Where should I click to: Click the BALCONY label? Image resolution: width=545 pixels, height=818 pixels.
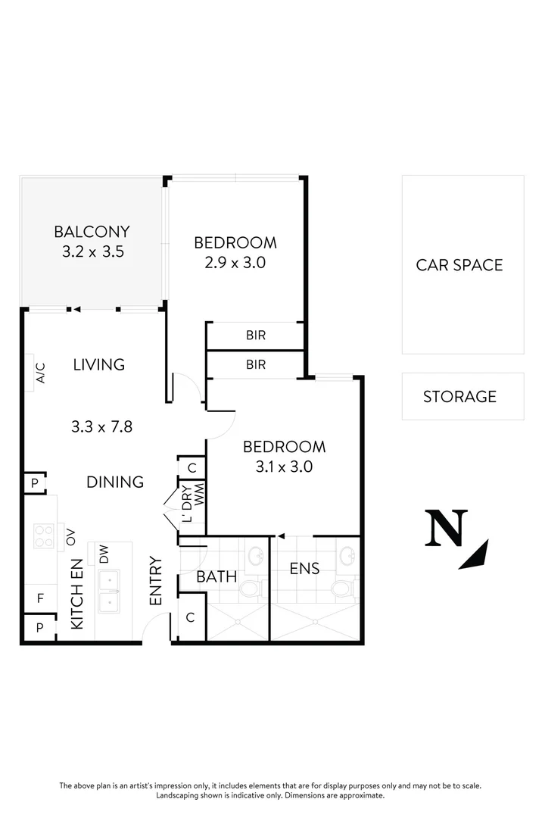click(x=92, y=232)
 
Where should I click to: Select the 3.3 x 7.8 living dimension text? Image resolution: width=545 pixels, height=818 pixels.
click(x=101, y=426)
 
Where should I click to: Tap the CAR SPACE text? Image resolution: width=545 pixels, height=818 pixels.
click(x=459, y=265)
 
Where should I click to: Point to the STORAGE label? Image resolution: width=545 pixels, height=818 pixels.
click(x=459, y=396)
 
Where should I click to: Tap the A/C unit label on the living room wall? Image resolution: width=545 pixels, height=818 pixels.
click(x=41, y=373)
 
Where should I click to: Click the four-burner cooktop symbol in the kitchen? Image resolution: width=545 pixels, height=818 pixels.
click(x=44, y=537)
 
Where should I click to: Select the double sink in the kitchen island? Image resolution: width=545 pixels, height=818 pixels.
click(x=111, y=591)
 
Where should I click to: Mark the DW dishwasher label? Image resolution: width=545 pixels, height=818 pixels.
click(x=104, y=555)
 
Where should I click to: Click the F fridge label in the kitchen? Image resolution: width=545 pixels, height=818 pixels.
click(x=40, y=598)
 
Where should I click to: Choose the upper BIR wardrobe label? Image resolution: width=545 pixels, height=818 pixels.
click(x=256, y=335)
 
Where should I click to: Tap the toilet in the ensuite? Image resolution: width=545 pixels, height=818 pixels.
click(x=345, y=586)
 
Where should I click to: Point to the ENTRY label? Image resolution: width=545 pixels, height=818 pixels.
click(x=156, y=580)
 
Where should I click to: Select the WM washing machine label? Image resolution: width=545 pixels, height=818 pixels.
click(x=200, y=498)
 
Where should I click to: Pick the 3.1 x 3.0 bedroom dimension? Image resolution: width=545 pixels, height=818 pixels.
click(x=284, y=467)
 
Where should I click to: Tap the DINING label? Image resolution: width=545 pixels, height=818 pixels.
click(x=115, y=482)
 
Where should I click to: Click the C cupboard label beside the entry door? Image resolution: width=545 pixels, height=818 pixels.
click(x=190, y=618)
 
